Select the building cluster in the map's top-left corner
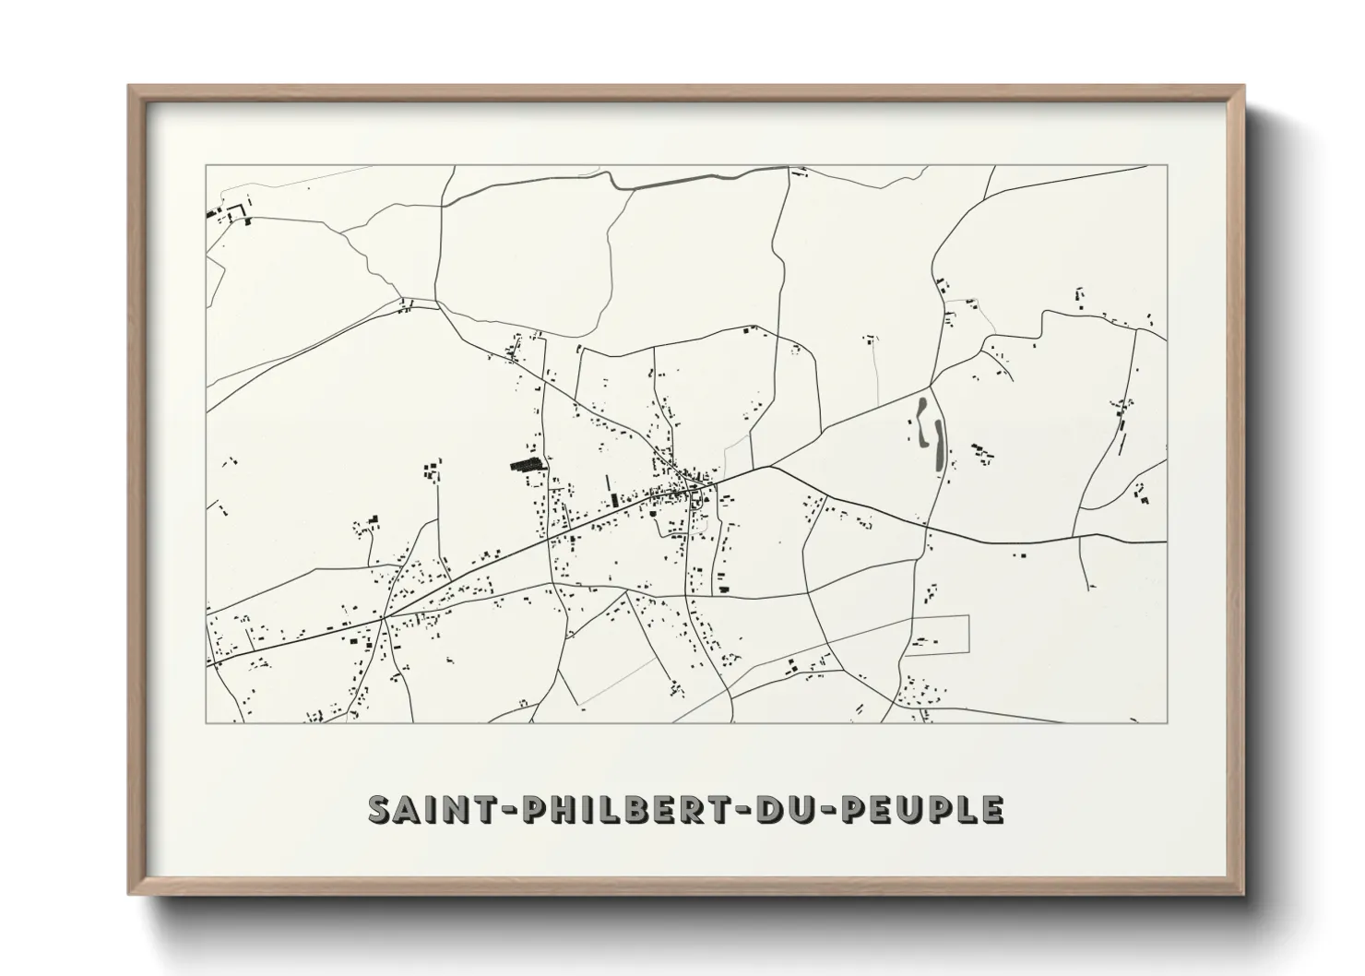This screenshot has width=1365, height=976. [x=231, y=213]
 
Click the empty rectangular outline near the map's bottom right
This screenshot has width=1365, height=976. [x=936, y=634]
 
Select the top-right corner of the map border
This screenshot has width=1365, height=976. [x=1167, y=166]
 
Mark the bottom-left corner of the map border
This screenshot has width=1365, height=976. [x=207, y=722]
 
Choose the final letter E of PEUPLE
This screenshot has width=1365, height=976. [x=992, y=809]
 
